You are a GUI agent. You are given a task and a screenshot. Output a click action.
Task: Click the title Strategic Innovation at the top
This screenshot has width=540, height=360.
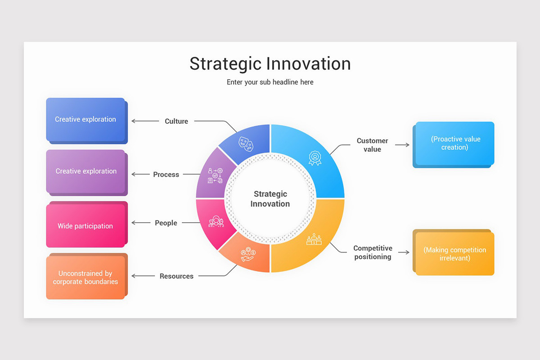tap(270, 63)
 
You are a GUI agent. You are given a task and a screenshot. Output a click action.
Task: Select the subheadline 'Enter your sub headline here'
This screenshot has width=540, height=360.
tap(270, 82)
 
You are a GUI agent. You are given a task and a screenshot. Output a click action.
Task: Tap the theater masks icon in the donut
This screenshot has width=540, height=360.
tap(246, 144)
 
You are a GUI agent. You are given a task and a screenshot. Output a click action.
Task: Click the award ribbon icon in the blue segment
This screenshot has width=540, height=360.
tap(315, 157)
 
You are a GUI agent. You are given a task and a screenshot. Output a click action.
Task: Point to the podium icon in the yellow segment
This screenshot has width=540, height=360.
tap(314, 239)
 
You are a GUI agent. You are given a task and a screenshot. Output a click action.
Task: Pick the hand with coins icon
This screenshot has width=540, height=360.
tap(248, 255)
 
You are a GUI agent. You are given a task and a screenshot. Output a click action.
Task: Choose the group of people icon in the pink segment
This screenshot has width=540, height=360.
tap(216, 221)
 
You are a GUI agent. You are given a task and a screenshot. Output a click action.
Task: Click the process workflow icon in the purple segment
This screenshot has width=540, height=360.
tap(215, 175)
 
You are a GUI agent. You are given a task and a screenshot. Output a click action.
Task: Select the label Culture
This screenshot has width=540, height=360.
tap(176, 121)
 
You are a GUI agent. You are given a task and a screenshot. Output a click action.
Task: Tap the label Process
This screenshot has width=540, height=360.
tap(166, 175)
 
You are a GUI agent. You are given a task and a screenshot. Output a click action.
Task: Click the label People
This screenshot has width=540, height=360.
tap(166, 223)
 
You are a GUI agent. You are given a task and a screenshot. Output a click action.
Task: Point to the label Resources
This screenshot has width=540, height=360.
tap(176, 276)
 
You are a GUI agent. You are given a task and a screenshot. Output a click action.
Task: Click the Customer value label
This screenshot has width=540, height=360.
tap(372, 145)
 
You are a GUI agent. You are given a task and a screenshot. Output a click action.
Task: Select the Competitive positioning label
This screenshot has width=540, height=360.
tap(373, 252)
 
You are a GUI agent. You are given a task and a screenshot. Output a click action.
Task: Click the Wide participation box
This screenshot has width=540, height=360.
tap(85, 226)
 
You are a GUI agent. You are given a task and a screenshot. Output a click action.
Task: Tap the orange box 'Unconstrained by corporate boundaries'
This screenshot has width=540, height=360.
tap(85, 278)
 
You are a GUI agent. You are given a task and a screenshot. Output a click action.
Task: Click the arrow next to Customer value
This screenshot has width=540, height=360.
tap(402, 145)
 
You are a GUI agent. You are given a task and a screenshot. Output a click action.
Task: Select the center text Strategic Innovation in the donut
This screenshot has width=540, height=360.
tap(270, 199)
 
